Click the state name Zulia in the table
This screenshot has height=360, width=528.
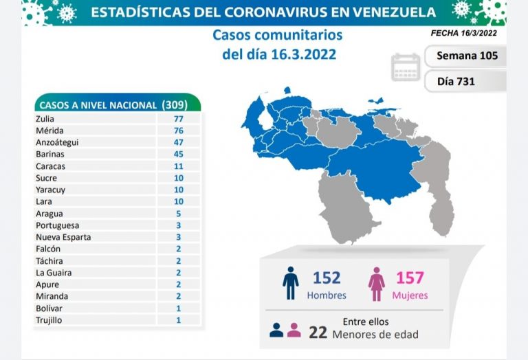tap(46, 118)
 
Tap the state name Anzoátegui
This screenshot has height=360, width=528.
tap(58, 142)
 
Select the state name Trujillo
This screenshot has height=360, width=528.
tap(49, 320)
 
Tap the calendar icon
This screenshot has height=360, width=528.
tap(405, 67)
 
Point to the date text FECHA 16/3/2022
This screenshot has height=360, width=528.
tap(464, 32)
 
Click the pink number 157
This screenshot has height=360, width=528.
tap(410, 278)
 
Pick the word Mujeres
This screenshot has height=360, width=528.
tap(411, 295)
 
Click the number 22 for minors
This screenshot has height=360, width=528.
tap(317, 333)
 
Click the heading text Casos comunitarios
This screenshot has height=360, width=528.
tap(277, 35)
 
